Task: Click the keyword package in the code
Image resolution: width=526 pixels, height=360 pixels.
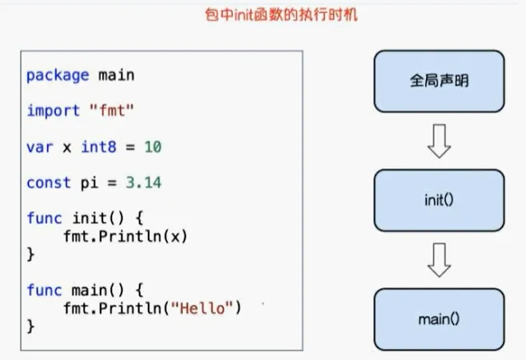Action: click(58, 75)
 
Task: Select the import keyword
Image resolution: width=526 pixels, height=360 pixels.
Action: click(52, 111)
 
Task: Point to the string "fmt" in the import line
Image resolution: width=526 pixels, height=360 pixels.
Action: click(112, 111)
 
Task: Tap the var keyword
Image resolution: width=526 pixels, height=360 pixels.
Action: click(38, 147)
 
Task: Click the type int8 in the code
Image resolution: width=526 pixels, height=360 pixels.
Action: click(90, 147)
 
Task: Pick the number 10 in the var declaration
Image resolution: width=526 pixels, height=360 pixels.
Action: click(153, 147)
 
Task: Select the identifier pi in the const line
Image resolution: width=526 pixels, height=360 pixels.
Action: click(89, 182)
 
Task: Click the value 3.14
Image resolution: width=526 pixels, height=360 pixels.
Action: click(144, 182)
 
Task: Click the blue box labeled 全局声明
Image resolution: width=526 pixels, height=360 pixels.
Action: click(439, 82)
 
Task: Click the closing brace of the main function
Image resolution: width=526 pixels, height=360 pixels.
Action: click(30, 326)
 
